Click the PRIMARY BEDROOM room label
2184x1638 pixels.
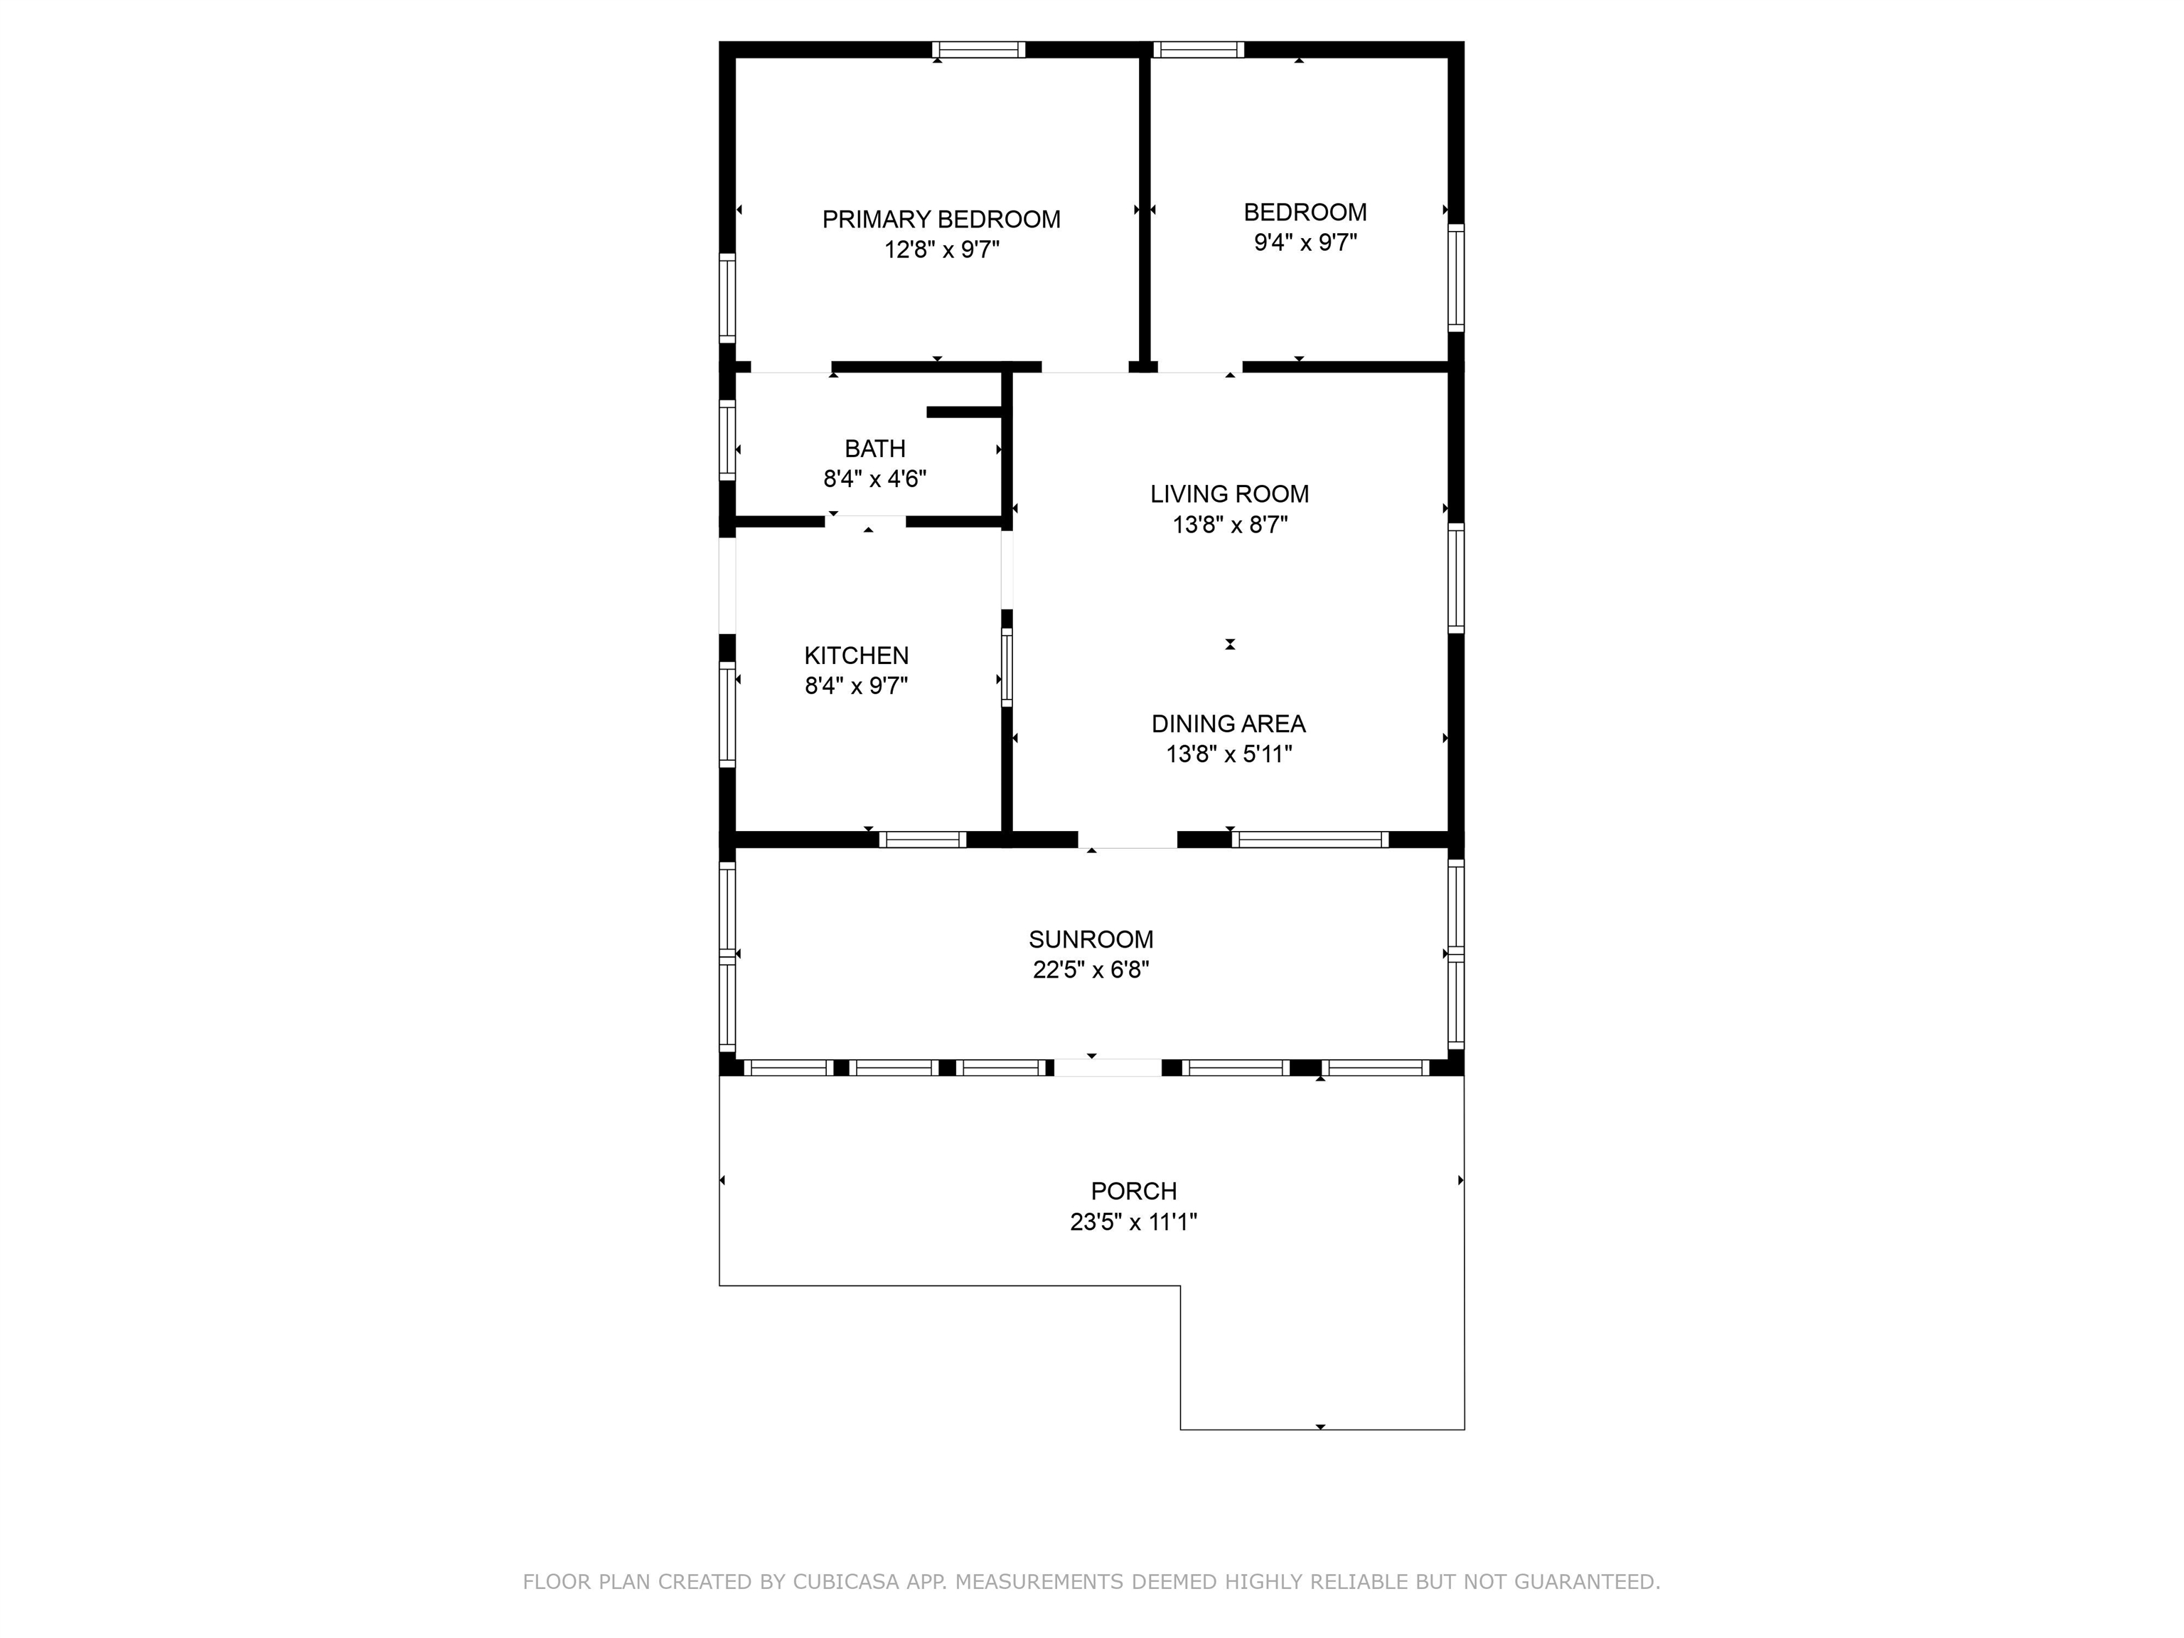941,219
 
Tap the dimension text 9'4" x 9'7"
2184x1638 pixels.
1305,243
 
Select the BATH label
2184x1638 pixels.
874,449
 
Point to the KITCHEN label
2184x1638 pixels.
856,655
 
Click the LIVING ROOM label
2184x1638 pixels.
1229,493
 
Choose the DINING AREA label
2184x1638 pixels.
1228,724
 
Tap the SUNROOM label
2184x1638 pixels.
1091,939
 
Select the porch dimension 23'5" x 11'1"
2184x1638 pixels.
1133,1222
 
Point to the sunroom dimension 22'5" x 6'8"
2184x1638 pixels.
1091,970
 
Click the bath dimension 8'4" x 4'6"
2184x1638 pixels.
874,480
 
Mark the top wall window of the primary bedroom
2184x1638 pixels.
978,49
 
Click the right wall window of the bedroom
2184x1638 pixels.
1456,277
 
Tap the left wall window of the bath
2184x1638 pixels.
727,440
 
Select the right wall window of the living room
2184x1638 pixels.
1456,577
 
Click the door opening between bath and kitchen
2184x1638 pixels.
866,521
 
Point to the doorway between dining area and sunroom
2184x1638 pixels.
1128,840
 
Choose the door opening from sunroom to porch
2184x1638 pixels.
1108,1067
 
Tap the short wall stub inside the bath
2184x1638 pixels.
965,412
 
